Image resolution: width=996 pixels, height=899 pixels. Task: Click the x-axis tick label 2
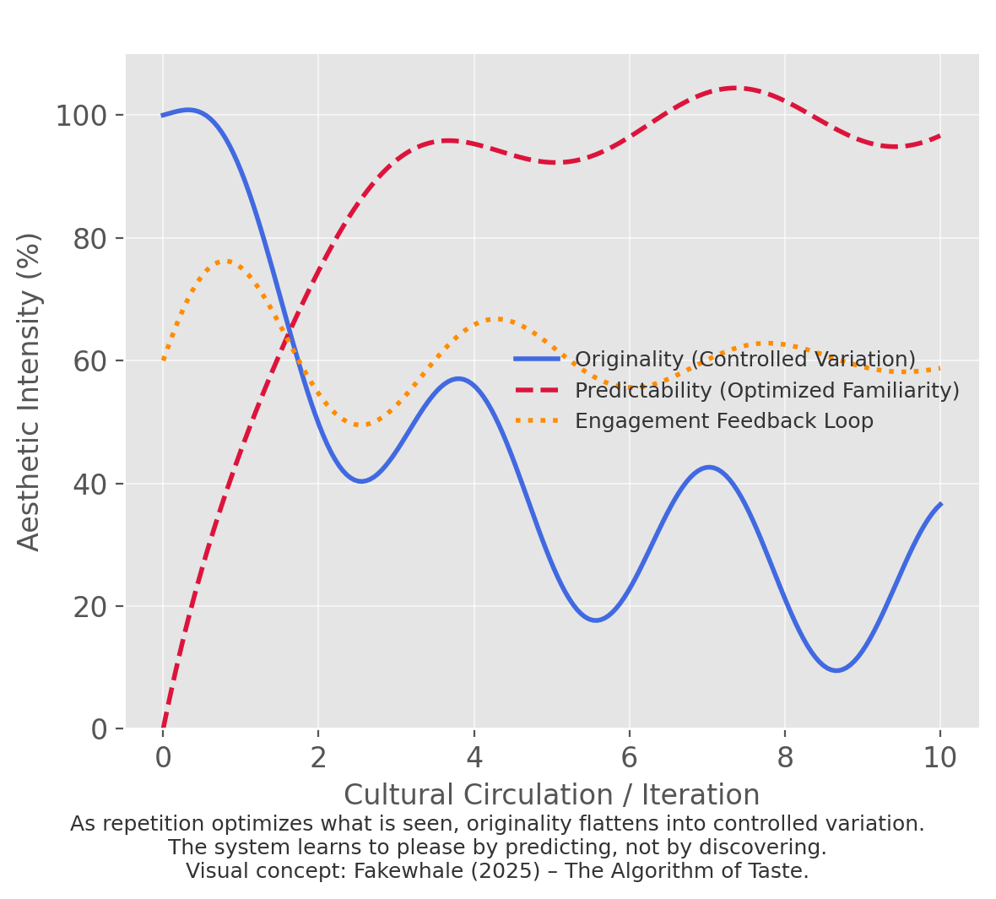click(x=318, y=758)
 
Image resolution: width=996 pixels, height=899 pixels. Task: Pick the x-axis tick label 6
click(x=630, y=758)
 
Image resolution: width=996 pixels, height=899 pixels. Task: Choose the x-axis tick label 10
click(x=940, y=758)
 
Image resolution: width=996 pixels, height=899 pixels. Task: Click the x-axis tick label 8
click(x=785, y=758)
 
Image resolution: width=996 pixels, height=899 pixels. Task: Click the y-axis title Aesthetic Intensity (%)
click(x=30, y=392)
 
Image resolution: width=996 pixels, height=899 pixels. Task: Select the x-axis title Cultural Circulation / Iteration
click(x=551, y=795)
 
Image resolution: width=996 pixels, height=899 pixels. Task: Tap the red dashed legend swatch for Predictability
click(x=537, y=390)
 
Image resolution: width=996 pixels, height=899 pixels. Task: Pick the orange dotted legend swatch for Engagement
click(x=537, y=420)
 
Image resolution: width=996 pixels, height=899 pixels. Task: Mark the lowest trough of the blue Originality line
click(x=836, y=670)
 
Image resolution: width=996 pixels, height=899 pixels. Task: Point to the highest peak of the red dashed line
click(x=733, y=88)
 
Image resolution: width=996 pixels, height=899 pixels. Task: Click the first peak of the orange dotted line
click(x=226, y=261)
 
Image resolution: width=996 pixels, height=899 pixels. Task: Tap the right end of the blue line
click(x=940, y=504)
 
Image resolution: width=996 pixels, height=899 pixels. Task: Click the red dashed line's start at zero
click(x=163, y=728)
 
